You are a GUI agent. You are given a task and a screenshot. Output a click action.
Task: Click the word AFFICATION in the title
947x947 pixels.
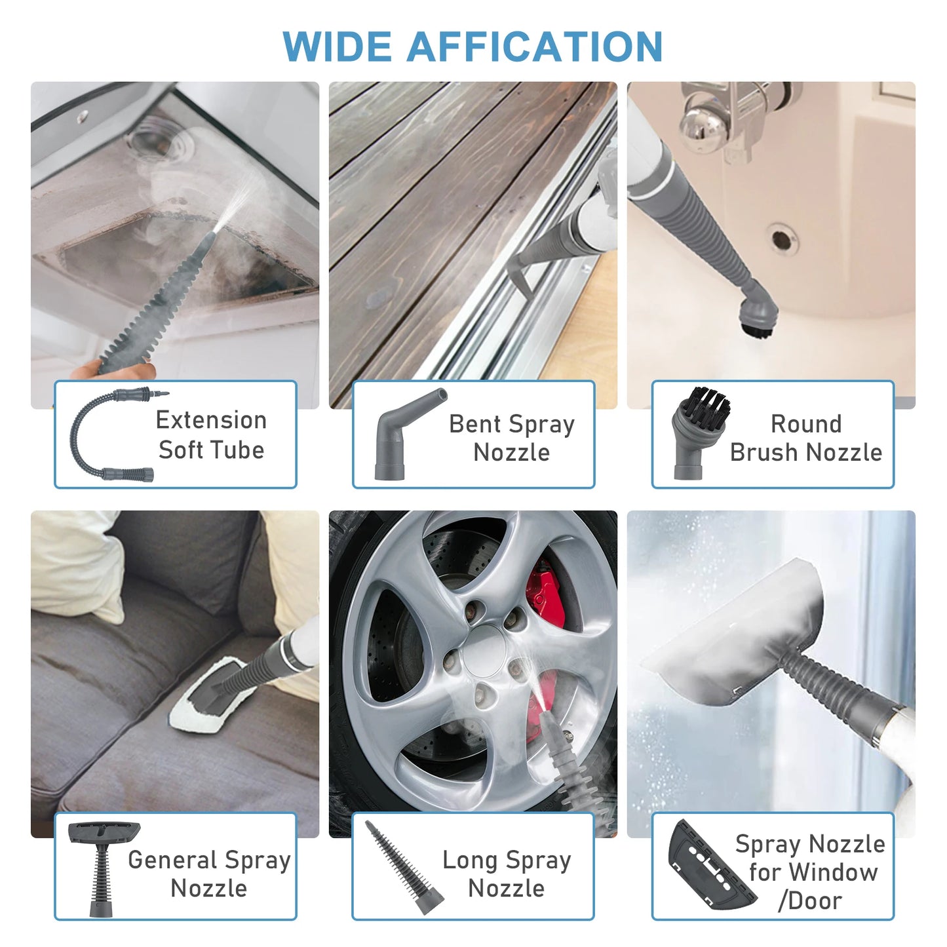[535, 47]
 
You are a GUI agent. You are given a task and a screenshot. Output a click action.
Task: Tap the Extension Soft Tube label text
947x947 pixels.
[211, 435]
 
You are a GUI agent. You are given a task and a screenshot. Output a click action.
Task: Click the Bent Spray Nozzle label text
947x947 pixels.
[511, 438]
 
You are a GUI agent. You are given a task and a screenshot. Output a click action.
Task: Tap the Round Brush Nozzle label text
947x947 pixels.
[805, 438]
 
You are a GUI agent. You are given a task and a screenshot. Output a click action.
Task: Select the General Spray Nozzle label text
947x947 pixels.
[209, 874]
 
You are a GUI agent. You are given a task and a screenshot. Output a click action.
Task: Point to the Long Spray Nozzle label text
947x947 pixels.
[507, 874]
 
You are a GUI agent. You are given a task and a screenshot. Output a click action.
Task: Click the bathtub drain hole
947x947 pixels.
[781, 239]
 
